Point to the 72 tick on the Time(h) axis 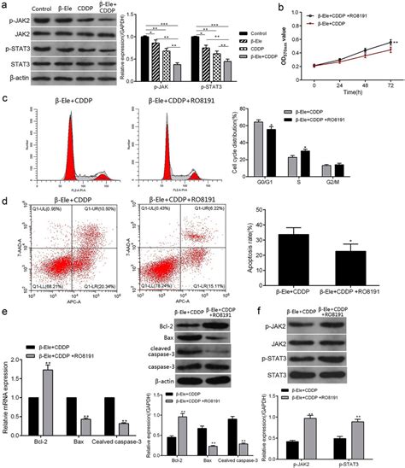coord(390,86)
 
